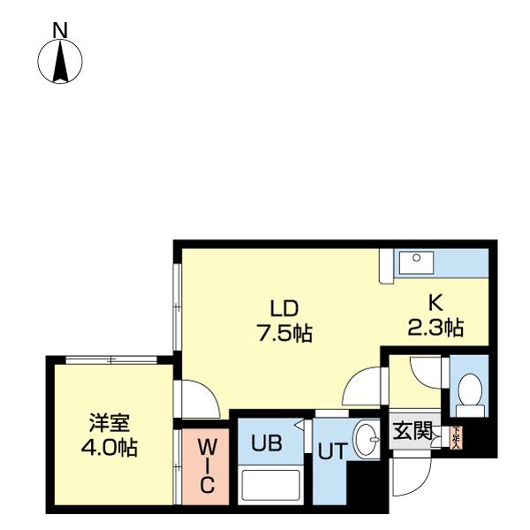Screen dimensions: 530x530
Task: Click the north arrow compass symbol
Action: click(60, 63)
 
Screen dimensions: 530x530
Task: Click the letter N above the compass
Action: click(60, 31)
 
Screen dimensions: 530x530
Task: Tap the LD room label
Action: click(284, 309)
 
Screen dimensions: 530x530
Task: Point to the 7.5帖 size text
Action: click(284, 334)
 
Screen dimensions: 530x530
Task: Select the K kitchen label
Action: click(435, 303)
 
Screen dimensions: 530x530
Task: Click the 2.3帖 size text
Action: click(435, 328)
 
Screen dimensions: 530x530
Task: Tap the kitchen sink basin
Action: click(415, 261)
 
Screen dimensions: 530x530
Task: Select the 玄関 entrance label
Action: click(412, 432)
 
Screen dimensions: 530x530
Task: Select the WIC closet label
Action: click(206, 463)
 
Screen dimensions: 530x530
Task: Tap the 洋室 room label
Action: click(110, 422)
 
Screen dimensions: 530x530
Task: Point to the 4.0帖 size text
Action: click(110, 448)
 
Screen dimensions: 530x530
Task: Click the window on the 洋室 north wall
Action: click(111, 360)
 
